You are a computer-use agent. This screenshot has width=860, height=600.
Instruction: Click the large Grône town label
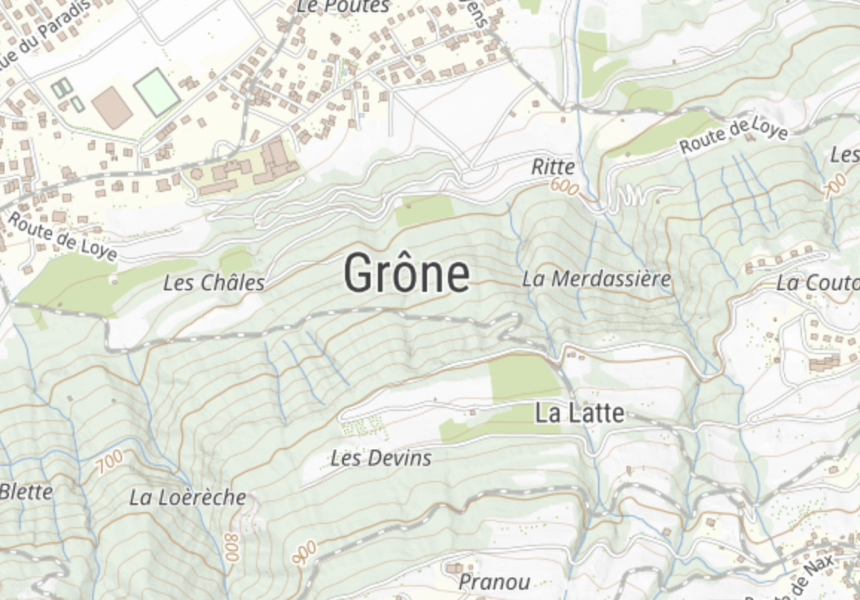tap(406, 273)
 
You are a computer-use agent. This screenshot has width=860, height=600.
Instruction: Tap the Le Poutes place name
tap(343, 7)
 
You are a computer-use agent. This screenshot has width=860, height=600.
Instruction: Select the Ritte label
tap(553, 167)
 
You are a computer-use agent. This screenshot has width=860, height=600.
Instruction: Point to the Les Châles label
tap(214, 283)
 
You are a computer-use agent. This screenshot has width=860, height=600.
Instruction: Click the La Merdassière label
tap(597, 280)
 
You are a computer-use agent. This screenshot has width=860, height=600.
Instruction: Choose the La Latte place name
tap(580, 414)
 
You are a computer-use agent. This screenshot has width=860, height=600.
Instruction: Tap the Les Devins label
tap(381, 458)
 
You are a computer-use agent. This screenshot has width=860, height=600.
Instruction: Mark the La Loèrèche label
tap(187, 497)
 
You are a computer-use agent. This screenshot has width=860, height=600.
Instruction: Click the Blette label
tap(27, 491)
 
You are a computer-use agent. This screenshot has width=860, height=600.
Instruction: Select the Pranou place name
tap(494, 581)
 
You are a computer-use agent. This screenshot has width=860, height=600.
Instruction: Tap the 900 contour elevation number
tap(304, 552)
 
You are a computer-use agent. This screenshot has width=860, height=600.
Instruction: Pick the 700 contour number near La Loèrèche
tap(109, 462)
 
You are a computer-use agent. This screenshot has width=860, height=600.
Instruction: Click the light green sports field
tap(157, 92)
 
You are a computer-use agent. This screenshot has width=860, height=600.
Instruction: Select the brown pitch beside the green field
tap(112, 107)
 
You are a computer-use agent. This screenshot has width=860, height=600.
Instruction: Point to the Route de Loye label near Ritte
tap(734, 136)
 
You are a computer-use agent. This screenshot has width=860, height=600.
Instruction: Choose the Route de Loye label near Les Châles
tap(62, 237)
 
